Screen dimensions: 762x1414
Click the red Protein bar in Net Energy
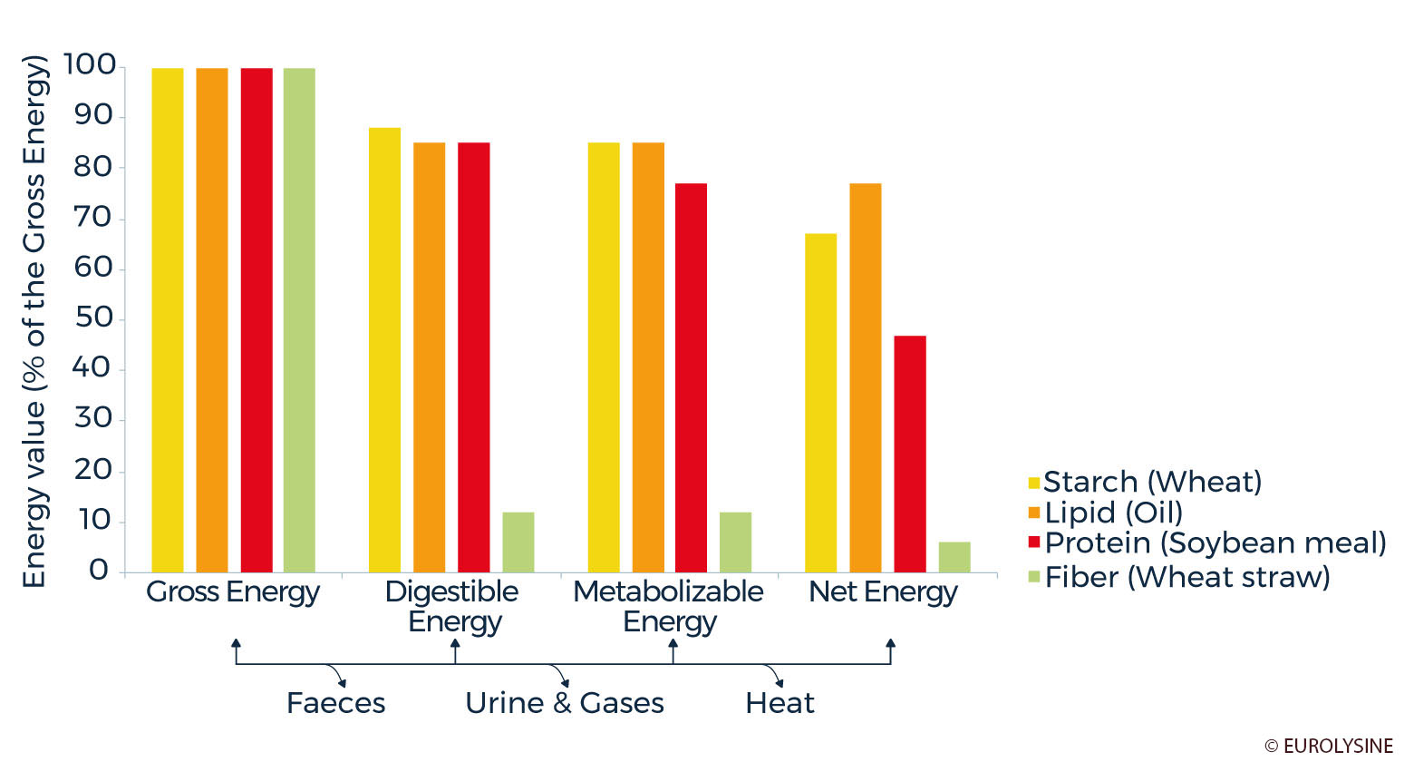point(910,454)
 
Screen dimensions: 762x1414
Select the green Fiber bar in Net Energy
point(954,557)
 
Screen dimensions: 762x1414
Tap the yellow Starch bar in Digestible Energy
point(384,349)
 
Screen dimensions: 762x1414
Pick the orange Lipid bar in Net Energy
point(866,377)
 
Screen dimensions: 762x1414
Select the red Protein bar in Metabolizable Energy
point(691,377)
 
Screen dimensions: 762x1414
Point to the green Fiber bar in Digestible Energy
point(518,542)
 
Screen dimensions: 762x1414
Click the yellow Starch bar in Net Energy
point(821,403)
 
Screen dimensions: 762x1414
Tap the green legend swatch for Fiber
point(1034,576)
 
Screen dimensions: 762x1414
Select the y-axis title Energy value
point(34,321)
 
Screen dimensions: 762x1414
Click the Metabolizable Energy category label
point(669,606)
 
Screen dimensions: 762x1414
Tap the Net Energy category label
point(883,592)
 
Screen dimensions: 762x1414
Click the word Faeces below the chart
point(335,703)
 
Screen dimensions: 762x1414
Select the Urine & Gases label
point(565,703)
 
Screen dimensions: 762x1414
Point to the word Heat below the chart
point(780,703)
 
